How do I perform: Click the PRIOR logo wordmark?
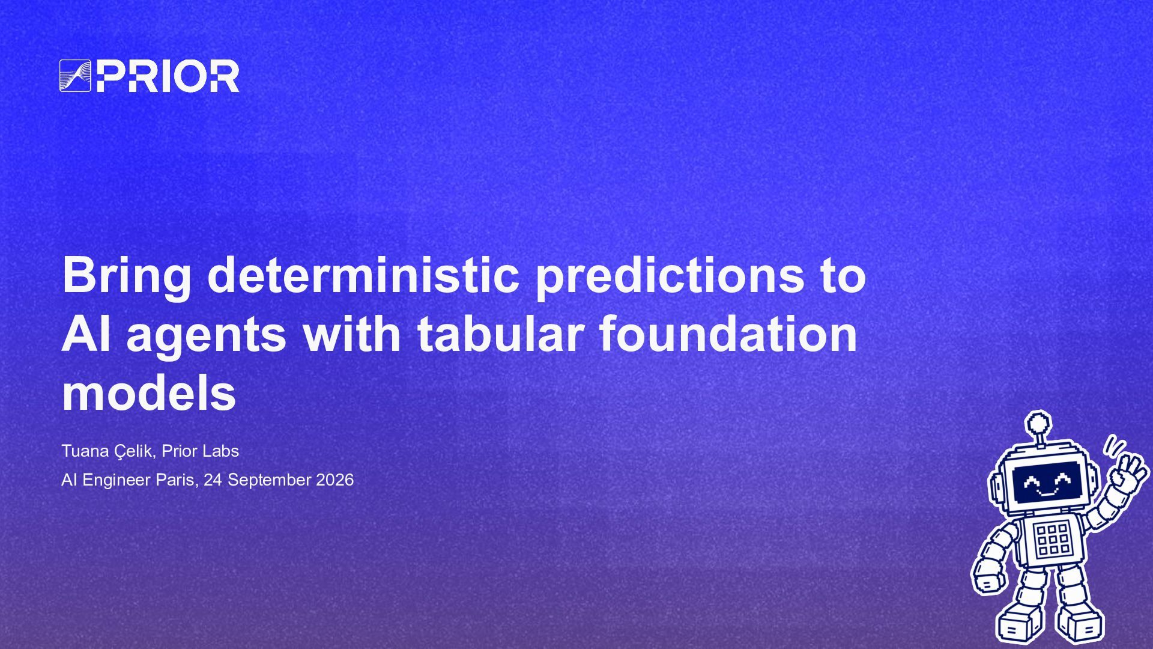click(168, 76)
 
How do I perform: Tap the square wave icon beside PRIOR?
click(75, 76)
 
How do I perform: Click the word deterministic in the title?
click(363, 275)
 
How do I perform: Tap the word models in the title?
click(149, 393)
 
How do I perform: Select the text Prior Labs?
click(200, 451)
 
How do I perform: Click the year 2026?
click(334, 480)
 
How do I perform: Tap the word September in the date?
click(269, 481)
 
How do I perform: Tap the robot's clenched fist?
click(988, 580)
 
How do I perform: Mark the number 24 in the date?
click(213, 480)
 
